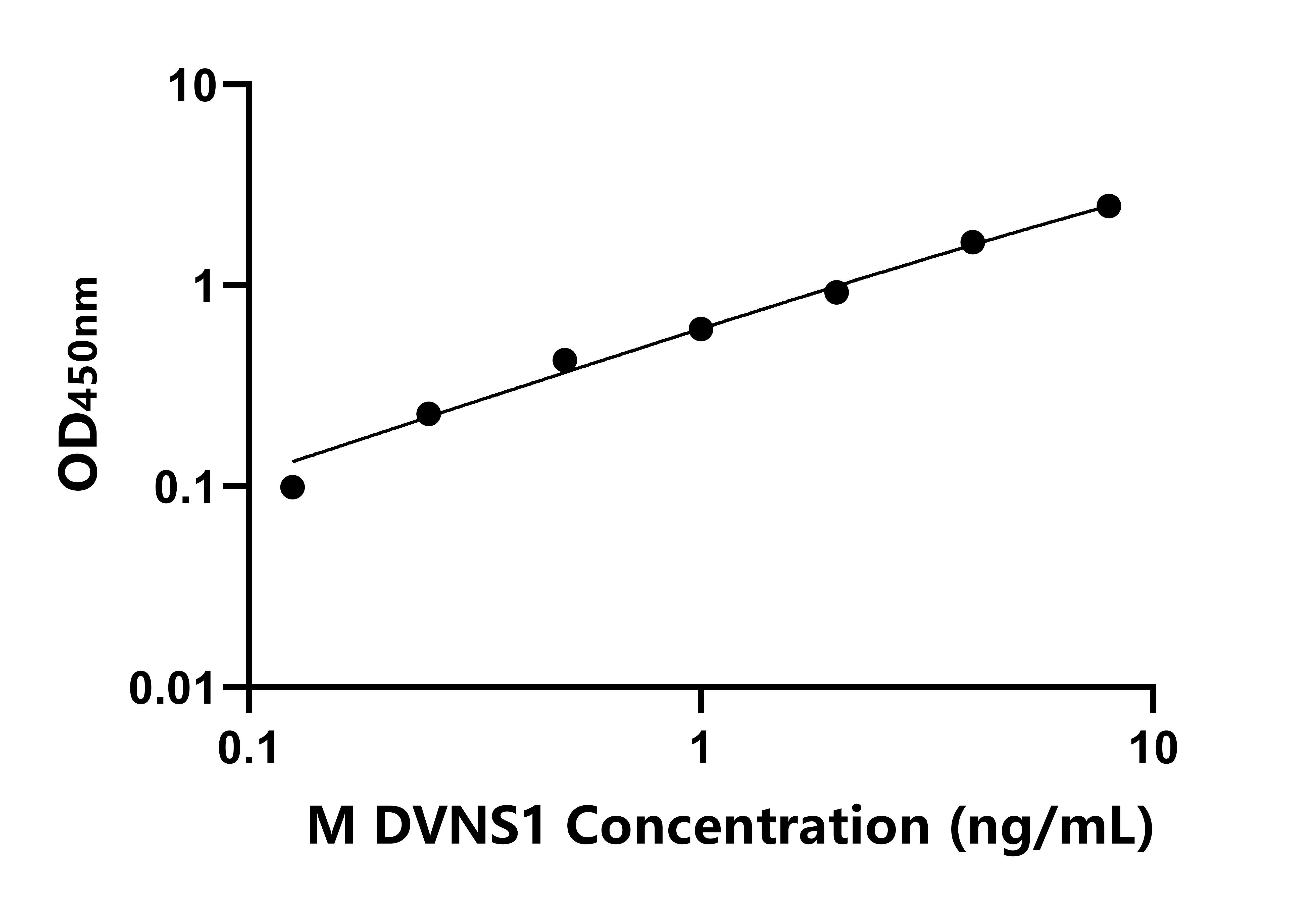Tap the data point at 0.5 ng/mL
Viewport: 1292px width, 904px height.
pos(565,360)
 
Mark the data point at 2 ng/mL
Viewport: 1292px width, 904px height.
pos(837,292)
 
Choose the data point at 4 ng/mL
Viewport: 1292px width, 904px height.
pos(973,243)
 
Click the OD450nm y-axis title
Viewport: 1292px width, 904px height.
pos(79,385)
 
